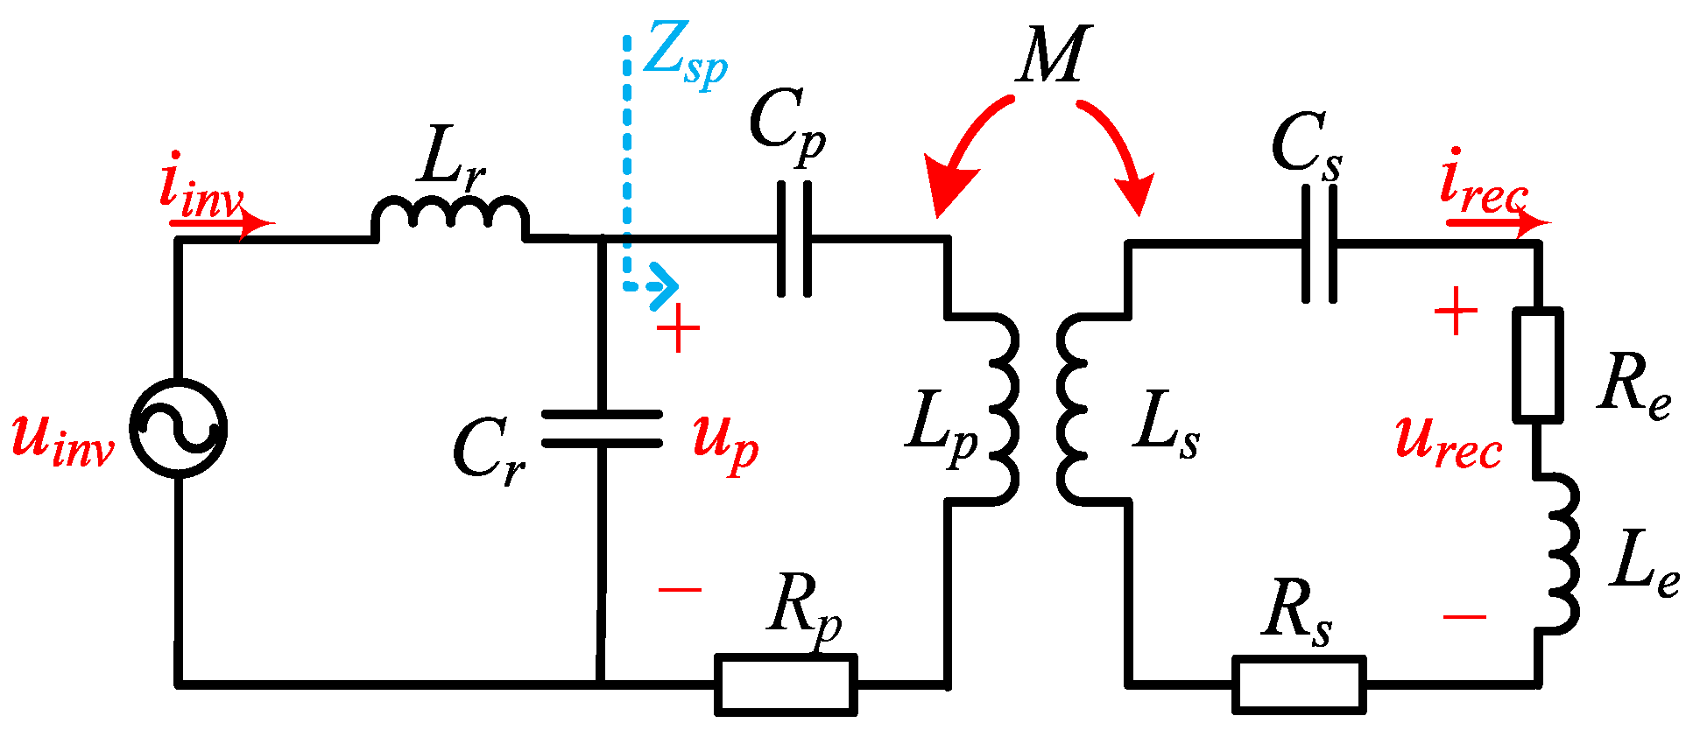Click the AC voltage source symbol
179,428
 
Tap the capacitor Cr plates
602,428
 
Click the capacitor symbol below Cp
794,239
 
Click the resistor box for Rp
786,684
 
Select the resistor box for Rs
1299,684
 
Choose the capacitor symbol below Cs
1320,244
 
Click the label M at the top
1054,55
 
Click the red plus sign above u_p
679,331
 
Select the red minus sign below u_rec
1464,617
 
